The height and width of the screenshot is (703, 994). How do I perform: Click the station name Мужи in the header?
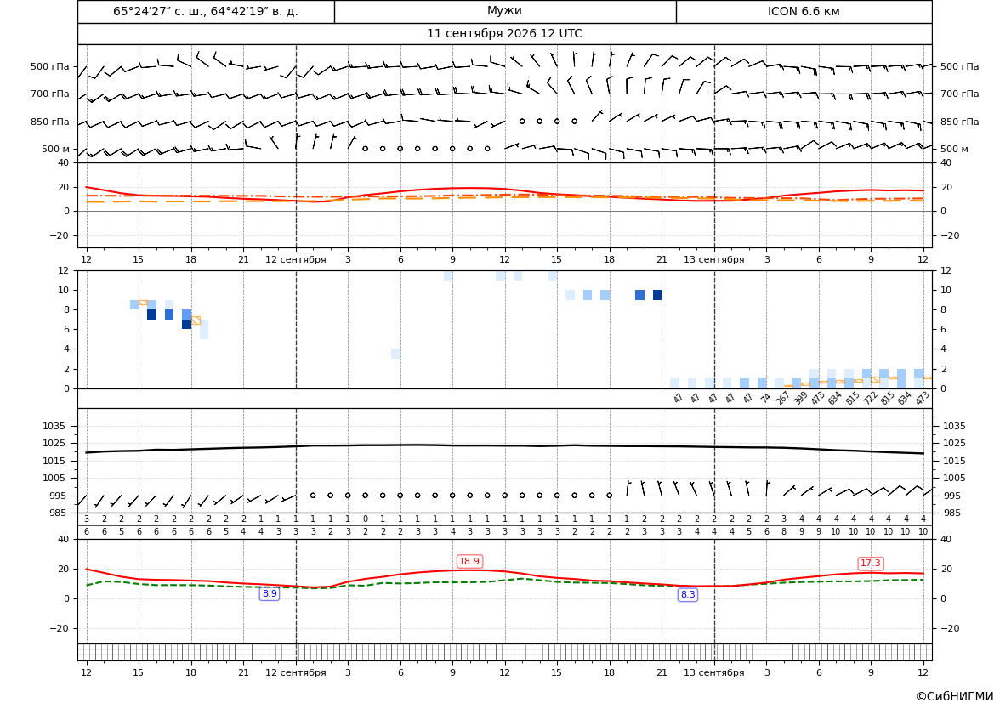(x=504, y=11)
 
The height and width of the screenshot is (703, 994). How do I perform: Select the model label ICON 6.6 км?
(x=804, y=11)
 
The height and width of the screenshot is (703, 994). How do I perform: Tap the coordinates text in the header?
(x=206, y=11)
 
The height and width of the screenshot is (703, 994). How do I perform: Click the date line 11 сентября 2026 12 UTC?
(x=504, y=34)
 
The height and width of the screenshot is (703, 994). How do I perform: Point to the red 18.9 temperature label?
(x=469, y=562)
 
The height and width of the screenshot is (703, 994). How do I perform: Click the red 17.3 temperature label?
(x=871, y=563)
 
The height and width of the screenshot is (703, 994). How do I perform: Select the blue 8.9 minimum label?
(x=270, y=594)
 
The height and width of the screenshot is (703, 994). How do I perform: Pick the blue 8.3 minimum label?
(x=688, y=594)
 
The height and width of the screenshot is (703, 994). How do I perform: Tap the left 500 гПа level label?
(x=50, y=66)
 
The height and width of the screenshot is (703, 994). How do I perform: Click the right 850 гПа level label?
(x=960, y=122)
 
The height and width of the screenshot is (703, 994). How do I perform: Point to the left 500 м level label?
(x=56, y=149)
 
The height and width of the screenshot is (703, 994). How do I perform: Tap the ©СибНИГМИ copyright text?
(x=955, y=696)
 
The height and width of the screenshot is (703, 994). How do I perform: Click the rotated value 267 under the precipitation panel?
(x=783, y=398)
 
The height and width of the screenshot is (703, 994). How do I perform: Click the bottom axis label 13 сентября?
(x=713, y=672)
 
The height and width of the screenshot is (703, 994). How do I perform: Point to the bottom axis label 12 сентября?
(x=295, y=672)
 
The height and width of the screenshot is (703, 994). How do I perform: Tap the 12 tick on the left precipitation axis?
(x=64, y=270)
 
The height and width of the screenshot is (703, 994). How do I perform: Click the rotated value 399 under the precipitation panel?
(x=801, y=398)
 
